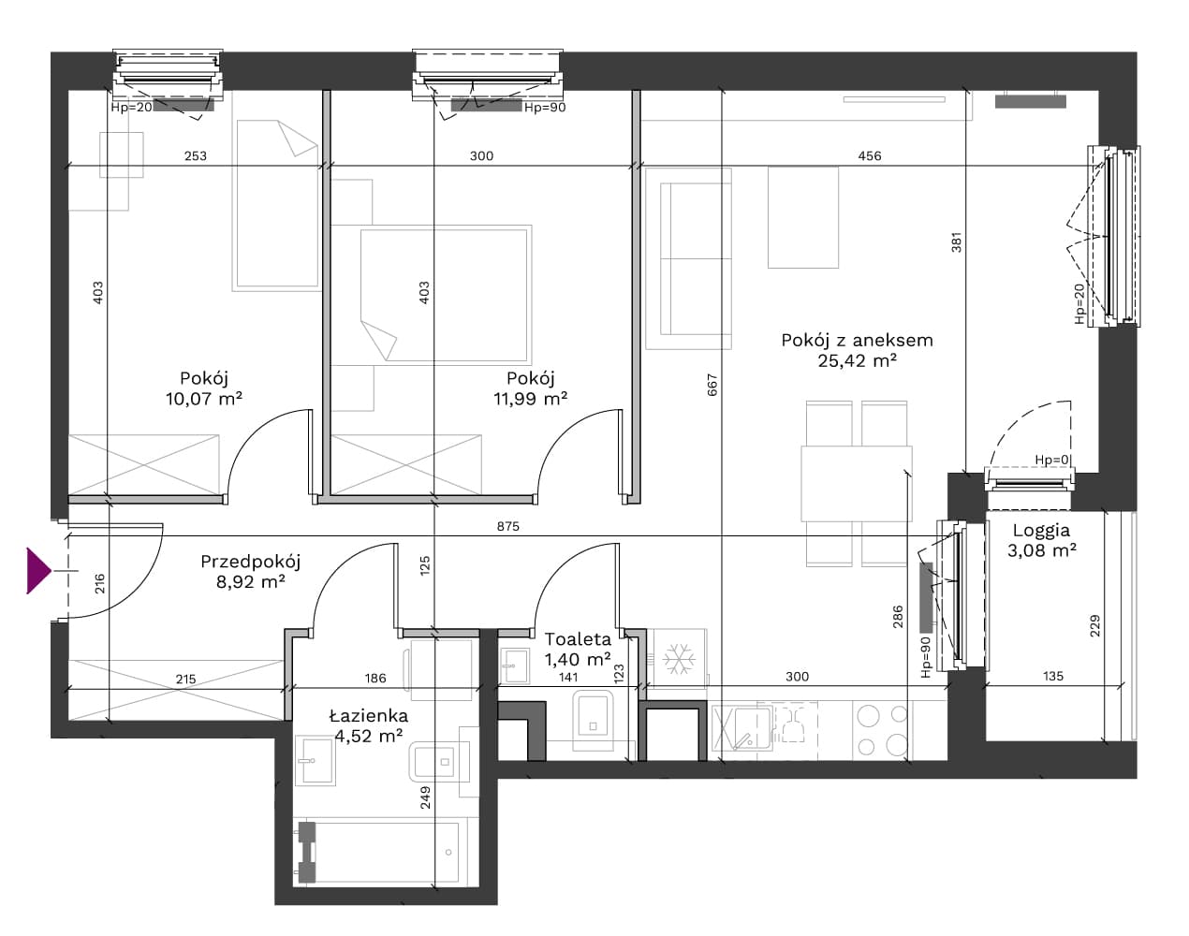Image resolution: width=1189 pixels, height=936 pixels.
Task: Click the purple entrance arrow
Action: [x=38, y=571]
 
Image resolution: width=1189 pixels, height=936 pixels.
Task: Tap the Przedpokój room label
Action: [x=250, y=562]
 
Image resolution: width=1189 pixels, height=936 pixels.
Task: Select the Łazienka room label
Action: [x=369, y=715]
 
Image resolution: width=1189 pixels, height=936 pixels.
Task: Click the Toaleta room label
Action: [x=578, y=639]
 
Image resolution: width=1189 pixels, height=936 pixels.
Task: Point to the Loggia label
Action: [x=1041, y=531]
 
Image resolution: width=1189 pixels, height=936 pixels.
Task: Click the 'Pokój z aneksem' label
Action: [x=857, y=340]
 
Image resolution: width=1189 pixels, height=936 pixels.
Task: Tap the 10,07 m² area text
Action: [x=204, y=399]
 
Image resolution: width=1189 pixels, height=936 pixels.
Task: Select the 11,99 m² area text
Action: [x=531, y=399]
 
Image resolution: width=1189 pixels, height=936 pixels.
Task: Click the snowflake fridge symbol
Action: [x=678, y=659]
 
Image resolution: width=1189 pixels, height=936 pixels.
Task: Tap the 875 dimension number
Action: [x=507, y=526]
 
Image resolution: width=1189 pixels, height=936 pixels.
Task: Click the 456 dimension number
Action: [x=870, y=155]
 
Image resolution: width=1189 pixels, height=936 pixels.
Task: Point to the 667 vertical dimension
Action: [x=712, y=385]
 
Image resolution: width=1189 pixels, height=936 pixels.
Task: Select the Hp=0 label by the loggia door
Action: [x=1052, y=460]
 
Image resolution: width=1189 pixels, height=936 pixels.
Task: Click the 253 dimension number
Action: [x=196, y=155]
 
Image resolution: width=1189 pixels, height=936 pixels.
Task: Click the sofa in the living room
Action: [x=688, y=258]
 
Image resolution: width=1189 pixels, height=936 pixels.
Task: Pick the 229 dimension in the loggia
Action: [x=1094, y=626]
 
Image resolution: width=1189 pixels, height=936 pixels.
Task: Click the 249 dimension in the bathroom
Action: [x=425, y=797]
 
